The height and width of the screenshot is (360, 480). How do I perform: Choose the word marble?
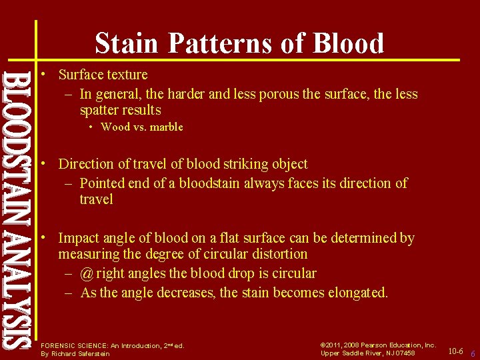tap(166, 127)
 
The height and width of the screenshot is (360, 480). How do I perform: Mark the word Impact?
tap(78, 238)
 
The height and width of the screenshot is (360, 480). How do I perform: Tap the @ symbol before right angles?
tap(87, 273)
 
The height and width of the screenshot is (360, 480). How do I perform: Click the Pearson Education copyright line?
tap(378, 345)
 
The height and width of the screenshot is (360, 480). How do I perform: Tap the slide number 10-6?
tap(455, 351)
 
